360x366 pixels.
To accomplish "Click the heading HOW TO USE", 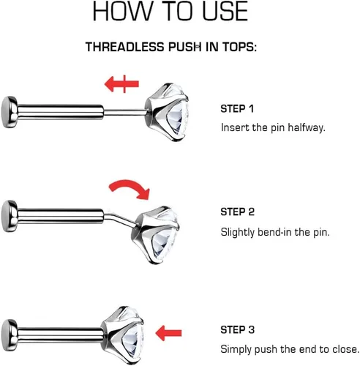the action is (x=170, y=11).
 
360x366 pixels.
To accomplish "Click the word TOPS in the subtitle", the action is (x=239, y=47).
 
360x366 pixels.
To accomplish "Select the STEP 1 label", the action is (x=237, y=109).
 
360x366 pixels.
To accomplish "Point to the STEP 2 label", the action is (x=238, y=212).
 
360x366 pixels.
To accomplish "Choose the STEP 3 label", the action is (x=238, y=329).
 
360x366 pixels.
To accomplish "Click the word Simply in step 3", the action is (x=236, y=350).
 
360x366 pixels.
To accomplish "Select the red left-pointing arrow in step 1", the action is (x=121, y=84).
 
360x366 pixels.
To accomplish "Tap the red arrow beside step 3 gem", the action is (x=168, y=333).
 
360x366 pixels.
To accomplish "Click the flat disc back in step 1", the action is (x=10, y=112).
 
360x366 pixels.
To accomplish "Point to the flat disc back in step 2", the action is (x=10, y=216).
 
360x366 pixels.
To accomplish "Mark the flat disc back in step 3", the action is (x=10, y=335).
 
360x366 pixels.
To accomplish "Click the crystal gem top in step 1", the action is (x=167, y=112).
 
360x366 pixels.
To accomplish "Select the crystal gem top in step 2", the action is (x=156, y=235).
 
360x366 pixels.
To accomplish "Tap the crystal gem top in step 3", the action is (x=123, y=335).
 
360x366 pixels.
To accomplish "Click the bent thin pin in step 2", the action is (x=120, y=220).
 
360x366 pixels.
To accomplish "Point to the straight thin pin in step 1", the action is (x=124, y=112).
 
